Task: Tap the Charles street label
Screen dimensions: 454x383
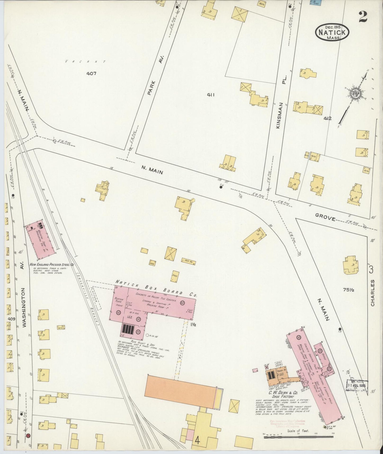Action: coord(373,292)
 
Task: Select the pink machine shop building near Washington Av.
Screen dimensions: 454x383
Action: coord(40,239)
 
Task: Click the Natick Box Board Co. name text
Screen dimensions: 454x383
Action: coord(157,288)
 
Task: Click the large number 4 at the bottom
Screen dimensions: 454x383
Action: coord(197,440)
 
